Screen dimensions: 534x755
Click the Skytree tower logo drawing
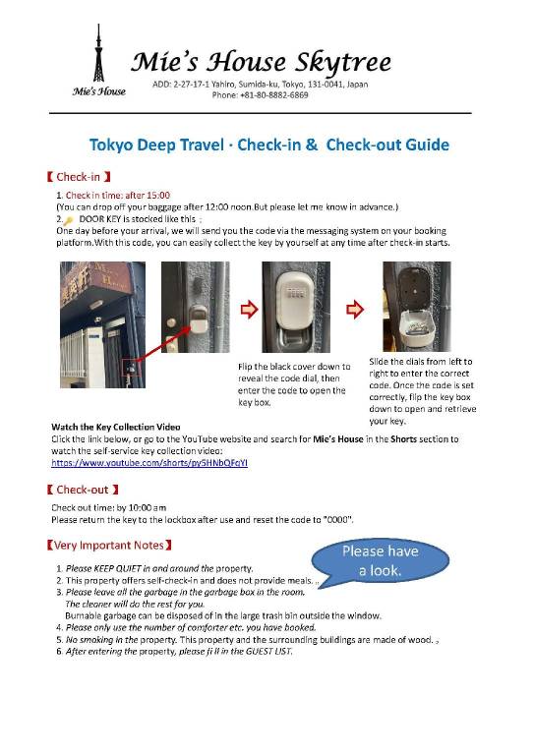[98, 53]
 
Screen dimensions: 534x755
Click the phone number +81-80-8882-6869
[274, 94]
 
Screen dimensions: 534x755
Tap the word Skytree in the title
[343, 63]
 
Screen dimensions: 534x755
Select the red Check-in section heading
[79, 177]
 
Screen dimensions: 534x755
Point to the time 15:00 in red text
[158, 195]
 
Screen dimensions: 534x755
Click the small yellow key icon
[69, 220]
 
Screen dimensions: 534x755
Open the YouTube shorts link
[149, 463]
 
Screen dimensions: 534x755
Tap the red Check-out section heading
[83, 490]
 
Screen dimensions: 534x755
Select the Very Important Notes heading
[109, 545]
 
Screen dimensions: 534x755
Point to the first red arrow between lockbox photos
[249, 309]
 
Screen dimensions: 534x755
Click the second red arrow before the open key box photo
[355, 309]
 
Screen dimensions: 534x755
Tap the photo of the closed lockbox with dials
[296, 307]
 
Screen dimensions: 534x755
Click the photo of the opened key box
[417, 307]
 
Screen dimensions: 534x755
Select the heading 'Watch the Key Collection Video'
[116, 427]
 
